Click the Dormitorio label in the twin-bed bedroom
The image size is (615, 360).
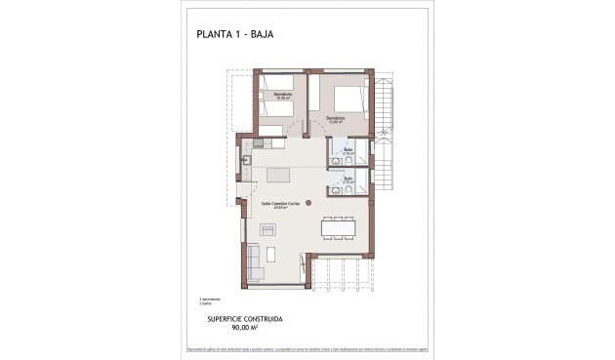tap(282, 96)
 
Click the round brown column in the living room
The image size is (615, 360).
tap(309, 203)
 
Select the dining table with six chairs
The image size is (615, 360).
tap(338, 227)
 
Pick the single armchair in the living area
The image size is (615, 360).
tap(268, 231)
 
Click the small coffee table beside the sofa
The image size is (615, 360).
tap(273, 257)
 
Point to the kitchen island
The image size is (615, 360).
tap(278, 175)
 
